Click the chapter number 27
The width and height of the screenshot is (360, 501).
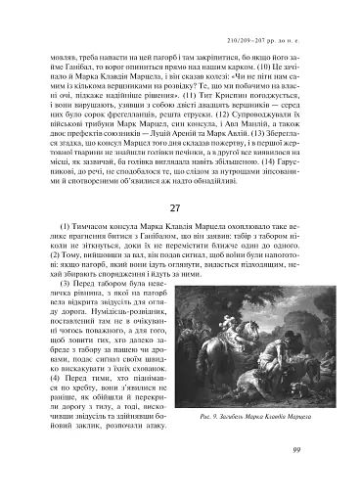pyautogui.click(x=179, y=236)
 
